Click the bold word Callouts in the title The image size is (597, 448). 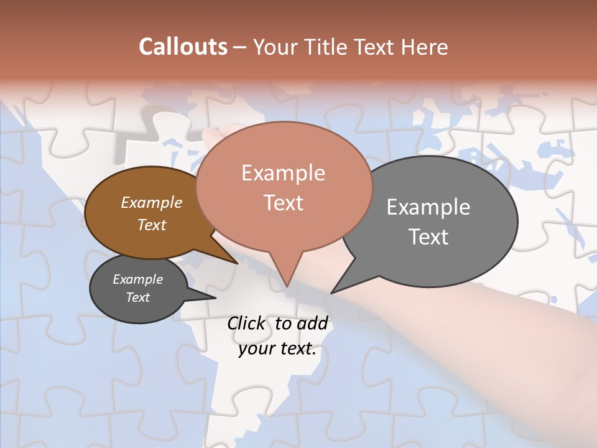click(x=183, y=47)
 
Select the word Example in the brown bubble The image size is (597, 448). click(x=151, y=202)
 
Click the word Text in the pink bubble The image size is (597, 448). click(x=284, y=202)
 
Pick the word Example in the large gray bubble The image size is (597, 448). click(x=428, y=207)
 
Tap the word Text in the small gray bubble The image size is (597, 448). click(x=137, y=297)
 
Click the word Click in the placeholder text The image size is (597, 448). click(x=246, y=323)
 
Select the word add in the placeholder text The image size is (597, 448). click(x=312, y=323)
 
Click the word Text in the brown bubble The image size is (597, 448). click(x=151, y=225)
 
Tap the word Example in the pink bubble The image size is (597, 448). click(x=284, y=172)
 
